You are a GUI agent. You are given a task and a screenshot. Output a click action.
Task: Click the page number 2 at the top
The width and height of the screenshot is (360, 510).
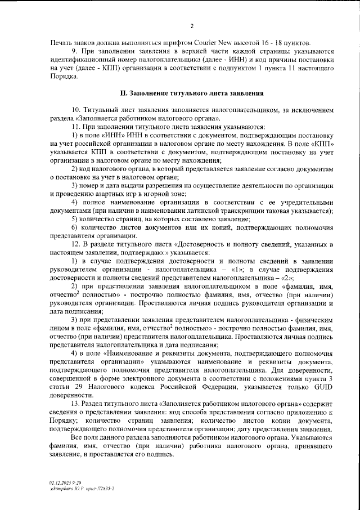[x=191, y=26]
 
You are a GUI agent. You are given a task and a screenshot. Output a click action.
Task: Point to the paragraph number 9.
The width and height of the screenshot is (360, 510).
[x=74, y=52]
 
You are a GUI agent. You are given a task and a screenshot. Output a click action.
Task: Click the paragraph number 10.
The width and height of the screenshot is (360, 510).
[x=76, y=109]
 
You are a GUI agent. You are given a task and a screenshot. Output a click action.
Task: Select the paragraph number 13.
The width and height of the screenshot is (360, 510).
[x=76, y=404]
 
